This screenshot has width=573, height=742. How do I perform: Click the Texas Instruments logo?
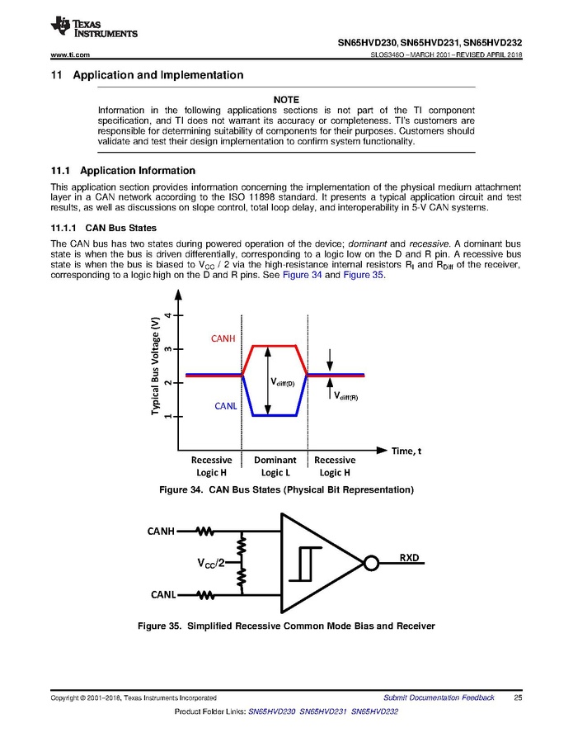[93, 27]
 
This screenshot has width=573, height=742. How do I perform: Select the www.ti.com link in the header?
[70, 54]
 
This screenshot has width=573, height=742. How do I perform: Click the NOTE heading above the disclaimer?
[286, 100]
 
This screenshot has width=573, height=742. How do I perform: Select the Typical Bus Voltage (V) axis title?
[154, 366]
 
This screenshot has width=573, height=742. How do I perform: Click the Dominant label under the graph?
[275, 460]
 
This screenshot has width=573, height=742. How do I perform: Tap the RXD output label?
[410, 557]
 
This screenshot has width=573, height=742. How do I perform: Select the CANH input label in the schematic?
[161, 531]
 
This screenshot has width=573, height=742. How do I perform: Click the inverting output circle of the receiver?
[371, 563]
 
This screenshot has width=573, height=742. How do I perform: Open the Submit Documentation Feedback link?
[439, 698]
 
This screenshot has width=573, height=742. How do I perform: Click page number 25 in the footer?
[518, 698]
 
